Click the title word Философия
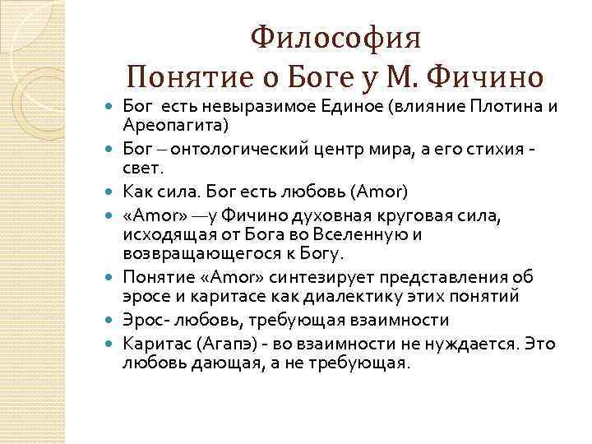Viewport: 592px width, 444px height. (x=335, y=37)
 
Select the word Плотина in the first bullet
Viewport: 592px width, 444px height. (x=502, y=107)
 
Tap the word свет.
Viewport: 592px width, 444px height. (x=141, y=168)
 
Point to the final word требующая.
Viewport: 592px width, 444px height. (x=363, y=363)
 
